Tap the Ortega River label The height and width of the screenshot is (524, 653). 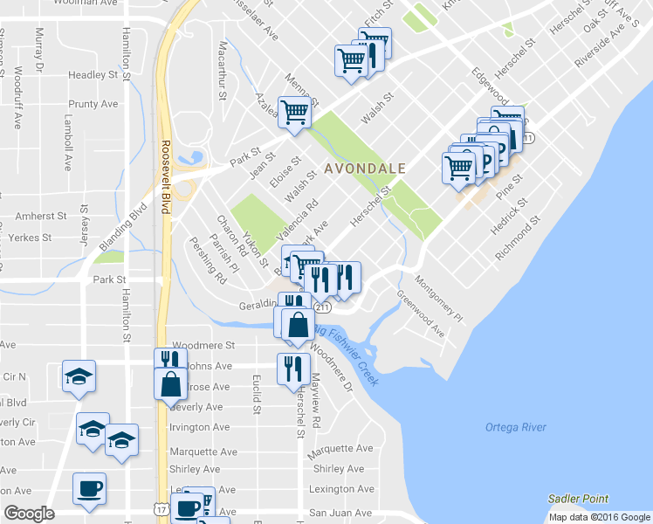pyautogui.click(x=515, y=427)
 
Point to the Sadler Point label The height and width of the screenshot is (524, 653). pyautogui.click(x=578, y=499)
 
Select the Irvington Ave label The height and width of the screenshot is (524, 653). pyautogui.click(x=201, y=427)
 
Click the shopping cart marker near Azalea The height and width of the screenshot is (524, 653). pyautogui.click(x=295, y=112)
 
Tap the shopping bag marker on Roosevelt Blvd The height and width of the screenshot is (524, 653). pyautogui.click(x=170, y=383)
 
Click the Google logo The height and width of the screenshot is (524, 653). pyautogui.click(x=30, y=514)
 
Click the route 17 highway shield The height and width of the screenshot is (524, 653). pyautogui.click(x=160, y=507)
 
